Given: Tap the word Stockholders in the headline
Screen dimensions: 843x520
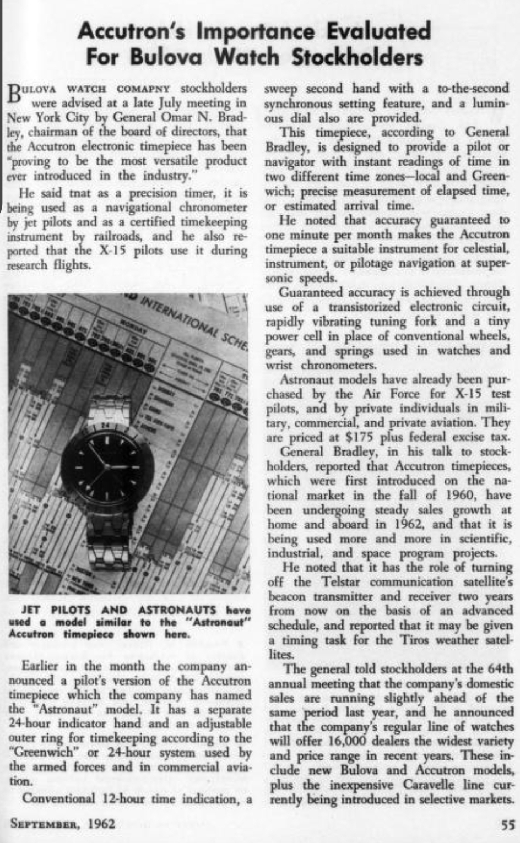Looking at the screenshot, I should (357, 57).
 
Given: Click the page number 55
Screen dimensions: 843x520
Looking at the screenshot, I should (507, 825).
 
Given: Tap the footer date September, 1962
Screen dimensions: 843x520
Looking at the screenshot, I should (63, 824).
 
